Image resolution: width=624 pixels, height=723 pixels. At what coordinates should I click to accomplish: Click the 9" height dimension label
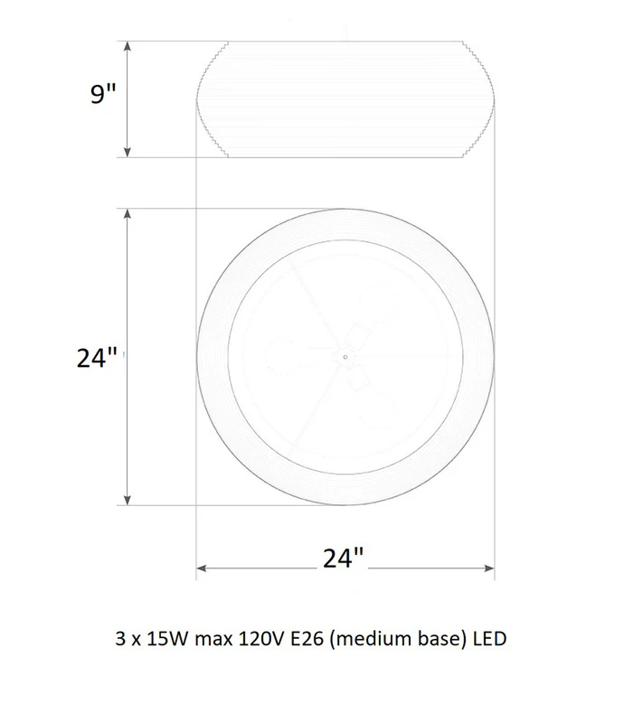point(102,93)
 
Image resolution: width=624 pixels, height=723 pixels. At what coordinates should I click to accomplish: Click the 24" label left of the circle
point(97,357)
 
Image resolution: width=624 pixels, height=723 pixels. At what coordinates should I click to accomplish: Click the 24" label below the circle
point(343,558)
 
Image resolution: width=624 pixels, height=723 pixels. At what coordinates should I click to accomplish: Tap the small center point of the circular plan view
point(345,357)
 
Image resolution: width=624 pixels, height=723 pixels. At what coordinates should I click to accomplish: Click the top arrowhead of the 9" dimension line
point(128,46)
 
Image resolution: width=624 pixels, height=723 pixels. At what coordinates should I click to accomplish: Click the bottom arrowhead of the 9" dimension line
point(128,153)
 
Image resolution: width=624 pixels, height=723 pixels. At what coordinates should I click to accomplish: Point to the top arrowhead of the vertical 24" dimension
point(128,213)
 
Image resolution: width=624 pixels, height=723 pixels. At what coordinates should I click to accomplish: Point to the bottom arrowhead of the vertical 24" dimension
point(128,501)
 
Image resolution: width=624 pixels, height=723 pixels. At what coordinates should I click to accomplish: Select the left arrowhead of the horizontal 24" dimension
point(202,568)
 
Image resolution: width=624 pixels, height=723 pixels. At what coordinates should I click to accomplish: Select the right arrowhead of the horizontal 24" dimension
point(489,568)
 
